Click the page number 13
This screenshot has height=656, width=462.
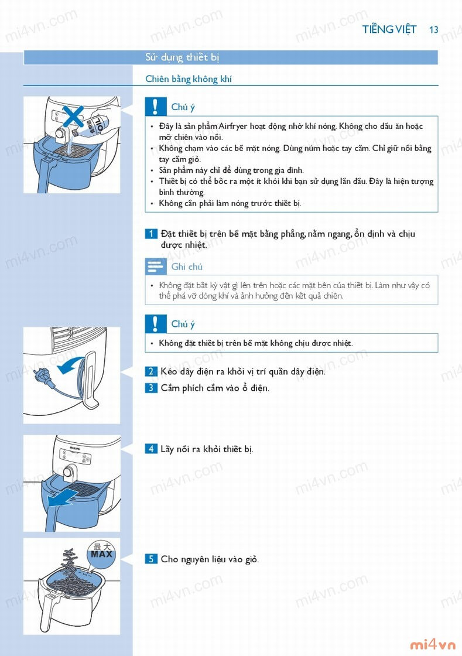point(433,30)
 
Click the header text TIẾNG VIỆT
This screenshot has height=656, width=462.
point(389,29)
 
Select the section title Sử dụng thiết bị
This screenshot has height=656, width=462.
point(182,57)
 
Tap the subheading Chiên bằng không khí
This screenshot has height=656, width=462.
point(188,79)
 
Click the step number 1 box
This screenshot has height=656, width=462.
point(151,234)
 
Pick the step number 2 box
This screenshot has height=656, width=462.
point(151,371)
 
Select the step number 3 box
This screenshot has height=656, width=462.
point(151,388)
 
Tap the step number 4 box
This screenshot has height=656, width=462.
point(151,449)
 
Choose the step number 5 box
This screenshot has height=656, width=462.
point(151,559)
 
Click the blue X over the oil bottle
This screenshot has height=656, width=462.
point(73,117)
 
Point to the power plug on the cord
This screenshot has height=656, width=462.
point(41,374)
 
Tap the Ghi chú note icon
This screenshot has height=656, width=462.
point(156,266)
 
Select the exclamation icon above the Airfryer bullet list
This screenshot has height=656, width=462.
point(156,107)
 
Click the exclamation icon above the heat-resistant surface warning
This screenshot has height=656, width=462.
point(156,324)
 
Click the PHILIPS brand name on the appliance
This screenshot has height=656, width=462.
point(74,448)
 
